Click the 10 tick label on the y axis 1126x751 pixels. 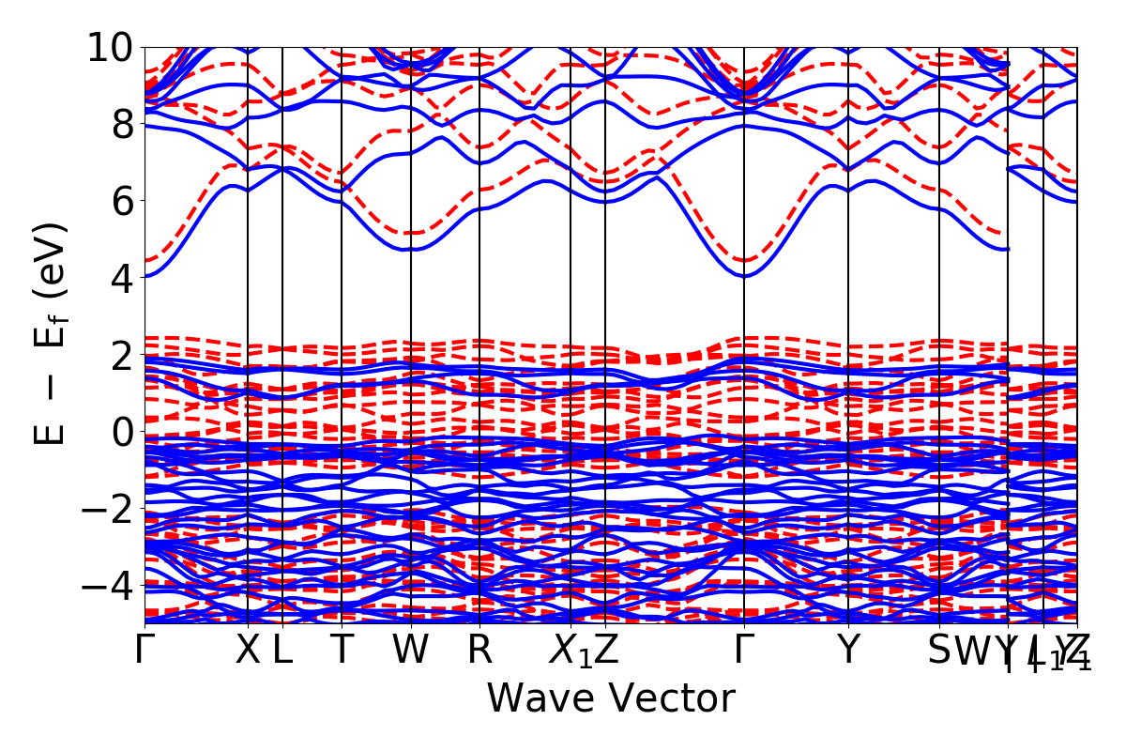pyautogui.click(x=111, y=47)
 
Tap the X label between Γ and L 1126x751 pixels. pyautogui.click(x=247, y=650)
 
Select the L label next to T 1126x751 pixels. pyautogui.click(x=282, y=650)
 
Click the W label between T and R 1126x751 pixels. pyautogui.click(x=411, y=650)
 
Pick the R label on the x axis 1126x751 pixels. pyautogui.click(x=479, y=650)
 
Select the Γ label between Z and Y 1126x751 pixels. pyautogui.click(x=744, y=650)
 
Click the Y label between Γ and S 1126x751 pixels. pyautogui.click(x=848, y=650)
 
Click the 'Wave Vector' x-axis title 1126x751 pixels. pyautogui.click(x=610, y=698)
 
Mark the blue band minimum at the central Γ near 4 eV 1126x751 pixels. pyautogui.click(x=744, y=276)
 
